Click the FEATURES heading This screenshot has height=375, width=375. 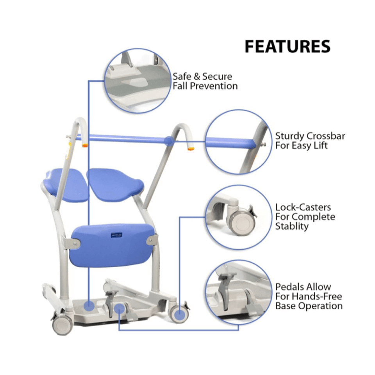pyautogui.click(x=287, y=46)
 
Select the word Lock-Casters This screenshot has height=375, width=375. pyautogui.click(x=303, y=207)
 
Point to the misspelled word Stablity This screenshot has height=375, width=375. pyautogui.click(x=292, y=226)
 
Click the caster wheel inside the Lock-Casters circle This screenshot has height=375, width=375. pyautogui.click(x=241, y=221)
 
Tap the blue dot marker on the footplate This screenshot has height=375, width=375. pyautogui.click(x=89, y=305)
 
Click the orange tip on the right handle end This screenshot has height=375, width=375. pyautogui.click(x=190, y=148)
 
